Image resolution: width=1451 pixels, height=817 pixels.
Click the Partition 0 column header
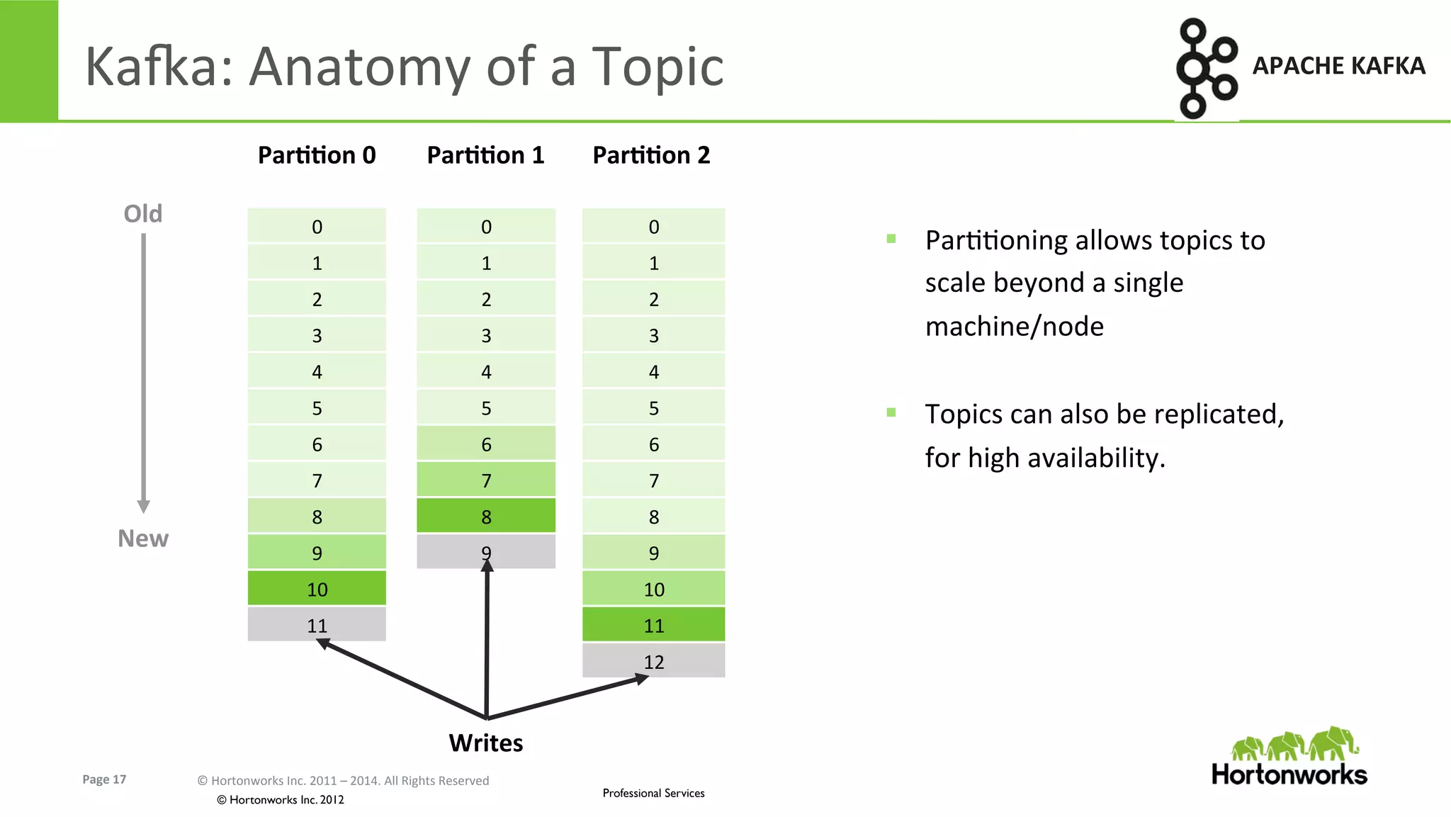317,155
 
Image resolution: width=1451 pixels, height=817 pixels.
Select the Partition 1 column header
485,155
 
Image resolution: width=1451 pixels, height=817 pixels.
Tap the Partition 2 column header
651,155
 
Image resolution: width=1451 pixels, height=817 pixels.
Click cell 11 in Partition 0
317,625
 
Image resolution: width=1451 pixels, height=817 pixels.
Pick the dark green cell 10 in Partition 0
317,589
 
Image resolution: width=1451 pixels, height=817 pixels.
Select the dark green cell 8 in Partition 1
486,517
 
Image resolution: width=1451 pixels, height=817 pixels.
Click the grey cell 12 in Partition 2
653,661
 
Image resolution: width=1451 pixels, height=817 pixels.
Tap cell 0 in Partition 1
486,227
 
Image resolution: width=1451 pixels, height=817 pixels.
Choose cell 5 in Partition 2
653,408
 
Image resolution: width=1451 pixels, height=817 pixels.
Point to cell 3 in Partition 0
317,335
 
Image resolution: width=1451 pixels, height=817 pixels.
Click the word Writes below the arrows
486,743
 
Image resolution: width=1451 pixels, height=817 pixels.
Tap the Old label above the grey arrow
142,213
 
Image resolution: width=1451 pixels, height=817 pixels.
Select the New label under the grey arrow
142,539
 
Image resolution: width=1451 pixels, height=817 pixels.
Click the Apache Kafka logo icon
1206,68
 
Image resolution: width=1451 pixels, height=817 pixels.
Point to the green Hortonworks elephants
1295,744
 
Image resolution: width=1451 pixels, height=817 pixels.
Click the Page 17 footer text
104,779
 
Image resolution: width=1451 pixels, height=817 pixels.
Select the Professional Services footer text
653,793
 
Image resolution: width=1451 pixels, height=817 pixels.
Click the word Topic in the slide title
657,67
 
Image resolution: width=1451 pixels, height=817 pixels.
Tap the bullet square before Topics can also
891,412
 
